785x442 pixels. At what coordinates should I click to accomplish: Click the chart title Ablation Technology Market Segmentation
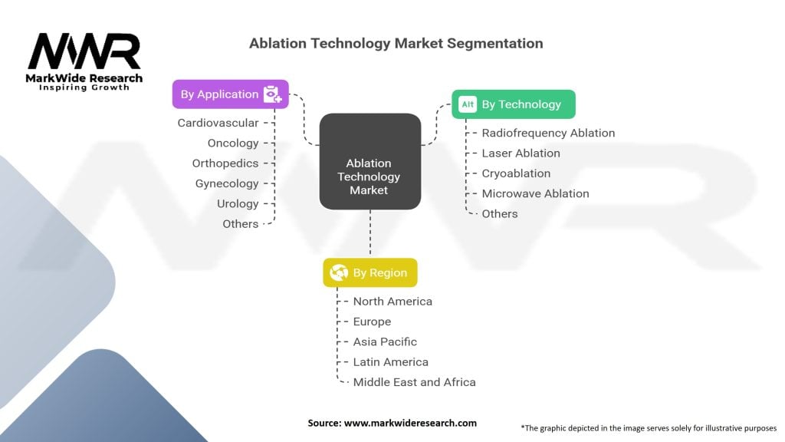[396, 43]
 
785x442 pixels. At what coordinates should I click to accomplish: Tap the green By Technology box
[513, 104]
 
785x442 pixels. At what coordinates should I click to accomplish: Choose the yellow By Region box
[370, 272]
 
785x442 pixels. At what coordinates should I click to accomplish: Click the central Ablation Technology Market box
[370, 176]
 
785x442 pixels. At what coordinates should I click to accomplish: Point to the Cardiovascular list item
[218, 123]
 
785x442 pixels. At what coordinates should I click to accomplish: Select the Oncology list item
[233, 143]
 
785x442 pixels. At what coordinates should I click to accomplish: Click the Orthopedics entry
[225, 163]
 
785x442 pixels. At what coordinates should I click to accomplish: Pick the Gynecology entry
[227, 183]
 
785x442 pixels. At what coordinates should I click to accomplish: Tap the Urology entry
[238, 203]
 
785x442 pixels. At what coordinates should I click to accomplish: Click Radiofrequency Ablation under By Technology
[548, 133]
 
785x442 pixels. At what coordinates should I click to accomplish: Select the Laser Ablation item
[521, 153]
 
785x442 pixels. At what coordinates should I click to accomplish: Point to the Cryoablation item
[516, 173]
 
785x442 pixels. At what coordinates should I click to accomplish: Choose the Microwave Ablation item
[535, 193]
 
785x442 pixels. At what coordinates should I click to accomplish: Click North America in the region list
[392, 302]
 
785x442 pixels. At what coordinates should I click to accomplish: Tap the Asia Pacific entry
[385, 341]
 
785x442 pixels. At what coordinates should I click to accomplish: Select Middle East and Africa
[414, 382]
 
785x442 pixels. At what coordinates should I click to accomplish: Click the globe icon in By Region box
[338, 272]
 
